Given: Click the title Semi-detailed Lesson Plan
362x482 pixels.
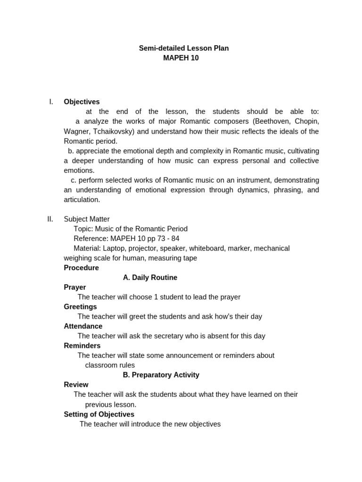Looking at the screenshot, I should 184,48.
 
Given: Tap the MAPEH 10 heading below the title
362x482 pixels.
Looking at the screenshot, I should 181,58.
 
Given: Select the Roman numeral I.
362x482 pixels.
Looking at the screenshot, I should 51,102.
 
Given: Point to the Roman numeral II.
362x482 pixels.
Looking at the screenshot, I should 50,219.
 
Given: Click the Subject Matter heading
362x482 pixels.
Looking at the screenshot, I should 87,219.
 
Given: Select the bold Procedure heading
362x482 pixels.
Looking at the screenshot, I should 81,268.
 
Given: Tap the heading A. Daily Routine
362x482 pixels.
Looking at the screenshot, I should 150,278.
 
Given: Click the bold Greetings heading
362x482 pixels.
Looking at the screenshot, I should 80,307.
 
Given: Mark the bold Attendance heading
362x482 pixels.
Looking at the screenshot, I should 83,326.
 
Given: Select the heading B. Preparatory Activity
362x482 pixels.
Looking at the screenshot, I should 161,375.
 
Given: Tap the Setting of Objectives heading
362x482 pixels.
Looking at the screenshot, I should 99,414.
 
